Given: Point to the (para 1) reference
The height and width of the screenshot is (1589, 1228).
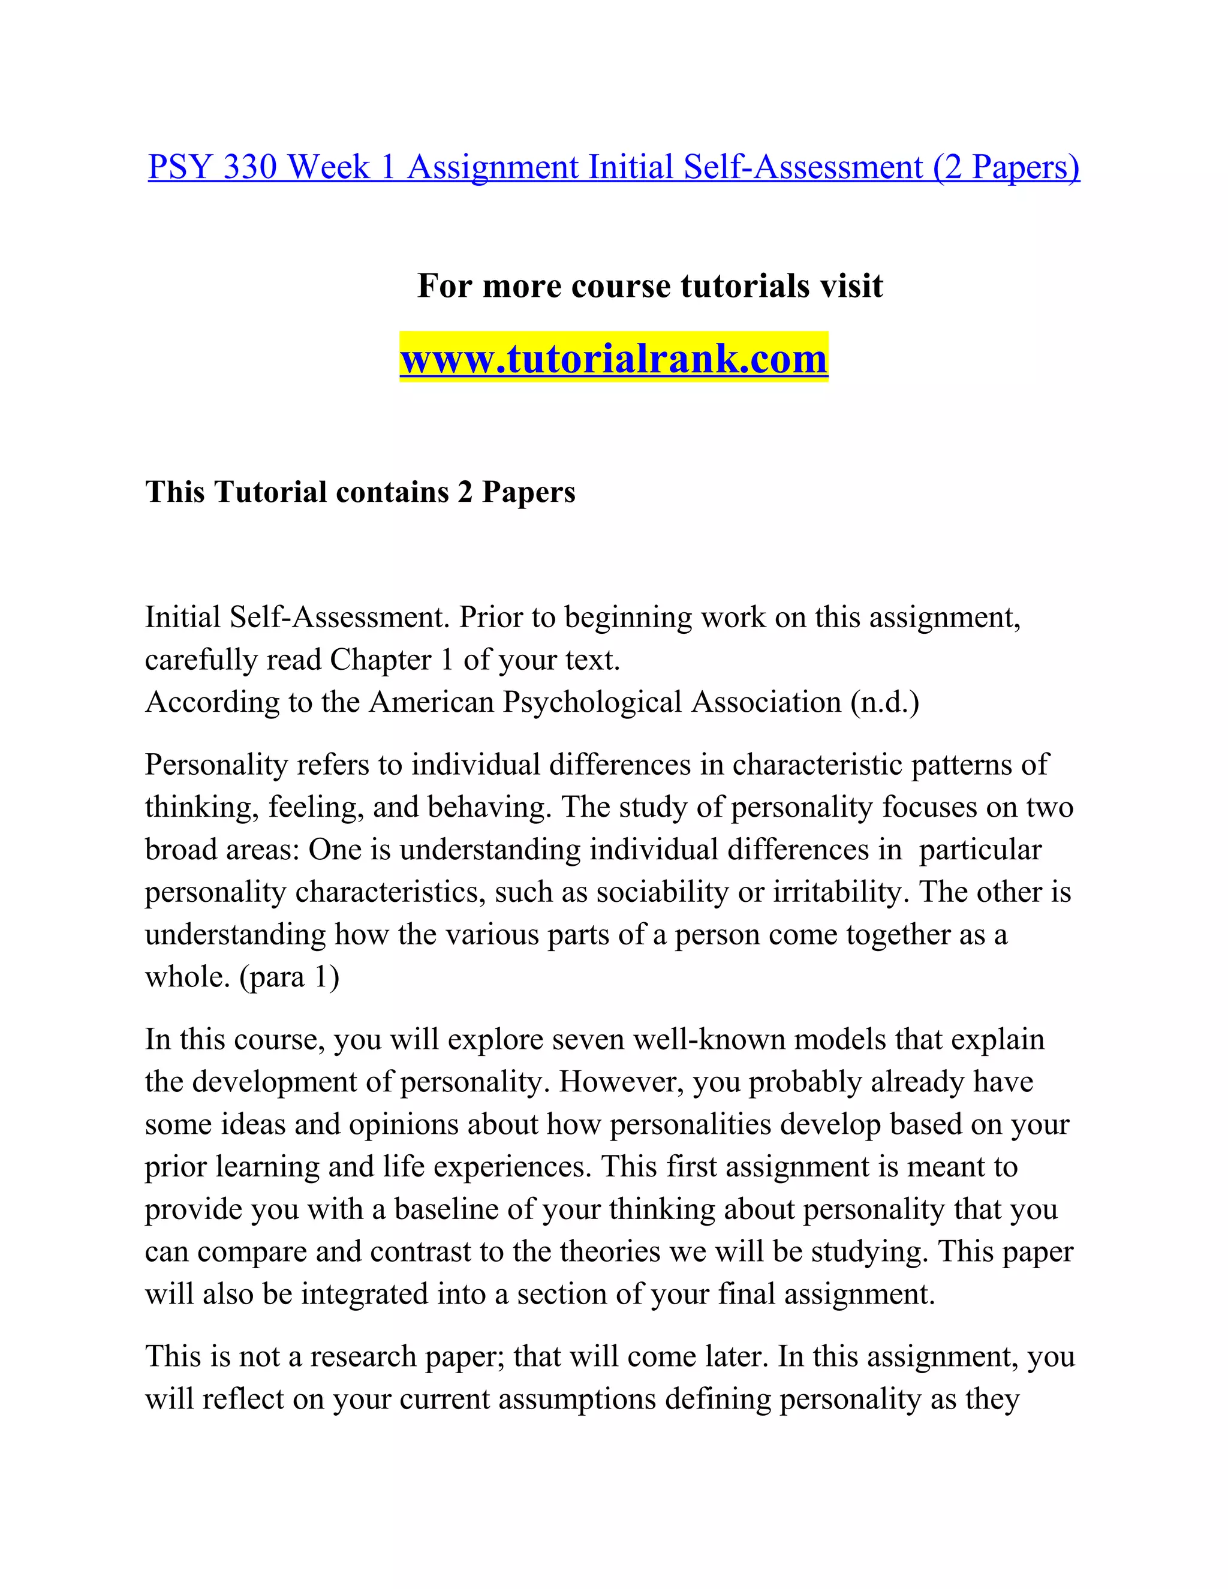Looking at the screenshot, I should [289, 976].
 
